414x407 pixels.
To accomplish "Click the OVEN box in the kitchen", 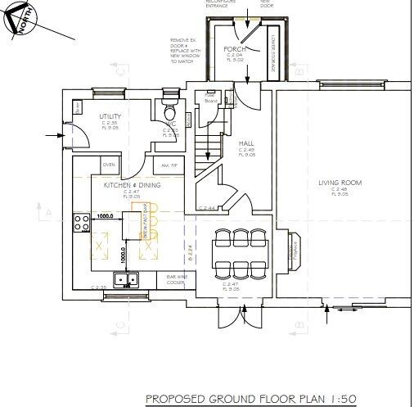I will point(108,164).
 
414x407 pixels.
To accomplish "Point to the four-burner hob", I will point(82,223).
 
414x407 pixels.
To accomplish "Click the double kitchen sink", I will point(126,280).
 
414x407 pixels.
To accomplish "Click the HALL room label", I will point(246,143).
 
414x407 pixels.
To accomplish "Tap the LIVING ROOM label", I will point(340,183).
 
